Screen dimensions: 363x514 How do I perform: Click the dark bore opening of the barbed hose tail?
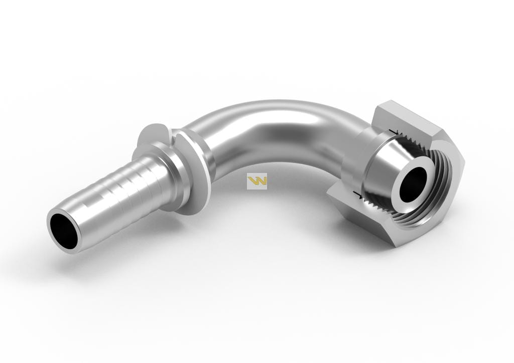(x=63, y=230)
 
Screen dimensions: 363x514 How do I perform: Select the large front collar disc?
(x=193, y=173)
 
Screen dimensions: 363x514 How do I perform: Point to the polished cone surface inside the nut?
(x=381, y=170)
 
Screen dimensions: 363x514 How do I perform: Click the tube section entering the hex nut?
(x=346, y=135)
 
